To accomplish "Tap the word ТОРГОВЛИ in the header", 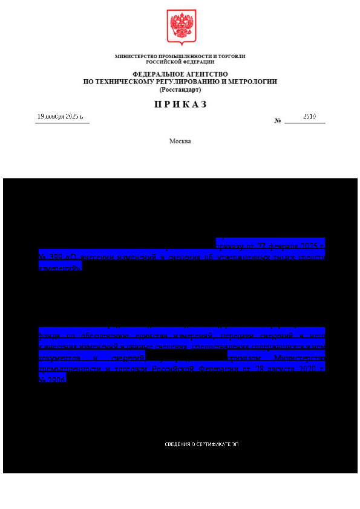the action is (233, 56).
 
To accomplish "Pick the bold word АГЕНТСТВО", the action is (206, 74).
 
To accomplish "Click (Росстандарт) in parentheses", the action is (180, 89).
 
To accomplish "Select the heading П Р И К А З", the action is (180, 104).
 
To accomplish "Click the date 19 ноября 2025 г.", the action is (61, 116).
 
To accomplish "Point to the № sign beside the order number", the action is (278, 120).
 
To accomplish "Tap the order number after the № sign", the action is (309, 116).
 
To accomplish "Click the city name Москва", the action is (180, 141).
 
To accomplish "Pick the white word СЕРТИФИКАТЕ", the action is (214, 444).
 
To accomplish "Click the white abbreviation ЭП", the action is (235, 444).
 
